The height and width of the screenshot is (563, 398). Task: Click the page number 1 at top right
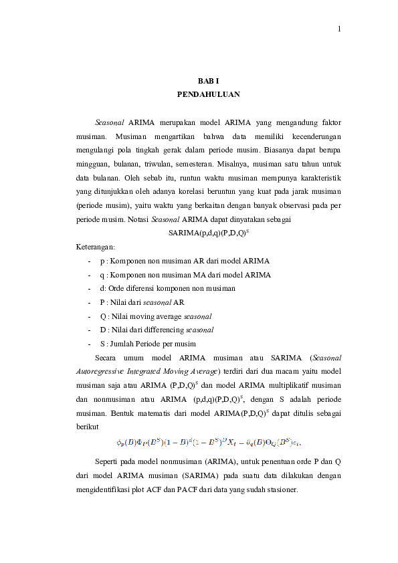(x=340, y=29)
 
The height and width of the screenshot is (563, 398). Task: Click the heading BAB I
(x=208, y=82)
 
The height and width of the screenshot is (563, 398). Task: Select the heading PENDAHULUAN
(x=208, y=95)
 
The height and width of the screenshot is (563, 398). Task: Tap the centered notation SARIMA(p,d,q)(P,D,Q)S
(x=209, y=233)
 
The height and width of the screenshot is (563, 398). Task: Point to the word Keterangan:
(x=96, y=247)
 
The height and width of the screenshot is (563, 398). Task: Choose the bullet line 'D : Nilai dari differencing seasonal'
(x=157, y=330)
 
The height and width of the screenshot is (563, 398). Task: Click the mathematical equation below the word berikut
(x=209, y=442)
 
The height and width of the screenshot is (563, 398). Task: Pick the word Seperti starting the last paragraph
(x=109, y=463)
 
